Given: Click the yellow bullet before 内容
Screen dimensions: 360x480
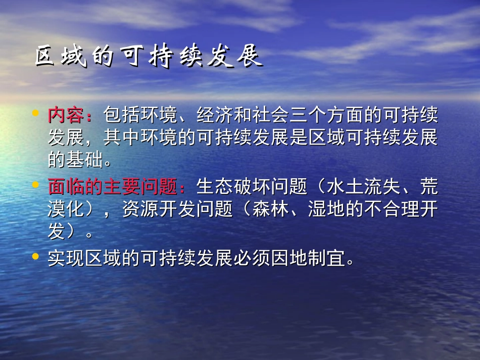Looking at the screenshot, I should pos(35,114).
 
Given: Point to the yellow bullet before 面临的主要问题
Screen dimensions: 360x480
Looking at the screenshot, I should pos(35,185).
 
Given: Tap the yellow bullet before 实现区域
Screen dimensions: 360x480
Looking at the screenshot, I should pos(35,256).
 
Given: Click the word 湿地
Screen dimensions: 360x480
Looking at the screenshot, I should pos(326,210).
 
